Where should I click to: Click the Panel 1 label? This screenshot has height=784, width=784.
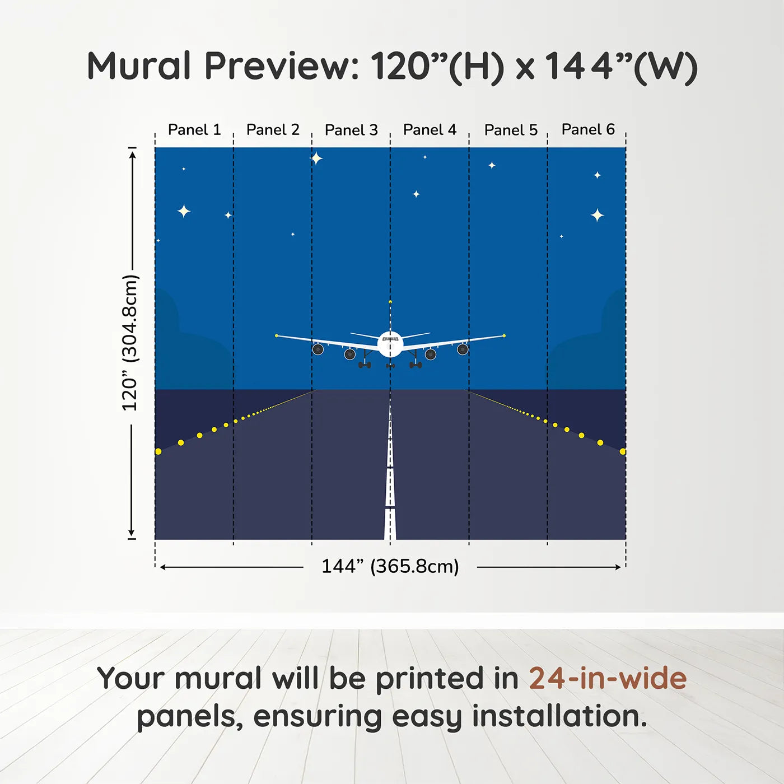click(x=194, y=130)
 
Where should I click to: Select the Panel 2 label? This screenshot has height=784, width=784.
click(x=273, y=130)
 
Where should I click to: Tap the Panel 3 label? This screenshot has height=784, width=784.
click(x=351, y=130)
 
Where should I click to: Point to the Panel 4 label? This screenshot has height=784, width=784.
click(x=430, y=130)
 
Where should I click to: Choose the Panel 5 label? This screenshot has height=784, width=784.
click(x=511, y=130)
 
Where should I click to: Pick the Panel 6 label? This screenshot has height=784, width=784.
click(x=588, y=129)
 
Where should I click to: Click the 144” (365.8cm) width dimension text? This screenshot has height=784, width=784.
click(x=390, y=566)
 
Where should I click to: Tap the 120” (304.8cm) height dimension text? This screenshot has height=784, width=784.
click(x=130, y=343)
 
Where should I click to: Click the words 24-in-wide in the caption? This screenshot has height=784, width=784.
click(x=608, y=679)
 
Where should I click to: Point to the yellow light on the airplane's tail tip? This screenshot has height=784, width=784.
click(x=390, y=302)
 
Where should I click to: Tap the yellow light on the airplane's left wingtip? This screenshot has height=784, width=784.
click(x=277, y=335)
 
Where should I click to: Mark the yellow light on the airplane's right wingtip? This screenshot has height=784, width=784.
click(x=504, y=335)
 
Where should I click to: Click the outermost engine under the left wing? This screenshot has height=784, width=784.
click(x=318, y=349)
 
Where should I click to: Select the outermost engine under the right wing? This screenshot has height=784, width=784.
click(x=463, y=349)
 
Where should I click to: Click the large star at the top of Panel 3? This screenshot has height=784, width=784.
click(x=316, y=158)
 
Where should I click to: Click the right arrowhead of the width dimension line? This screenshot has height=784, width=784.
click(x=618, y=567)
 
